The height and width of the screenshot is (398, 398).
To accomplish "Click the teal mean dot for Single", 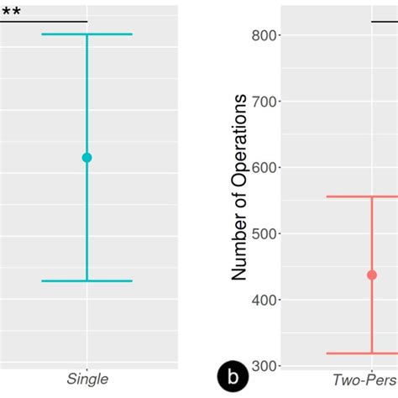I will pos(86,157).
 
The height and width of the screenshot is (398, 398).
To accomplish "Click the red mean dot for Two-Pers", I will pos(372,275).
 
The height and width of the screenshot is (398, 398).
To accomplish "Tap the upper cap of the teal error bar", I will pos(86,34).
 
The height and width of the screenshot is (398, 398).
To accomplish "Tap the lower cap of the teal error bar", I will pos(86,280).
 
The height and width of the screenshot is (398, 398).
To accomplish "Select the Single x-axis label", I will pos(87,380).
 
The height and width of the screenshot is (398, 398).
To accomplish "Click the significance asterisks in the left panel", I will pos(10,12).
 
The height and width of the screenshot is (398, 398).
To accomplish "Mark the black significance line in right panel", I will pos(385,21).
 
